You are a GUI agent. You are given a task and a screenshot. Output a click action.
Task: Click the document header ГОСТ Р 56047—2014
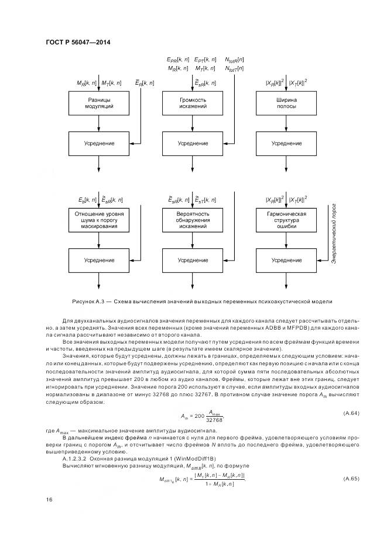point(78,41)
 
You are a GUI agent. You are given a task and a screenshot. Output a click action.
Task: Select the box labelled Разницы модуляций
point(98,105)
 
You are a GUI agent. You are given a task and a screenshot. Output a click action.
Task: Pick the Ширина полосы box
point(286,105)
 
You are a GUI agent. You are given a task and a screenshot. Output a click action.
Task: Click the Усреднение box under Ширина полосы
point(286,143)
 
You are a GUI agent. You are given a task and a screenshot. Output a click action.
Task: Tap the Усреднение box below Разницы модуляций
point(98,143)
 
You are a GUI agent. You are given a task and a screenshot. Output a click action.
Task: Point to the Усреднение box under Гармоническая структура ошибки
point(286,259)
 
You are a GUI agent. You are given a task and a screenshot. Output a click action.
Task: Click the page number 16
point(48,499)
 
